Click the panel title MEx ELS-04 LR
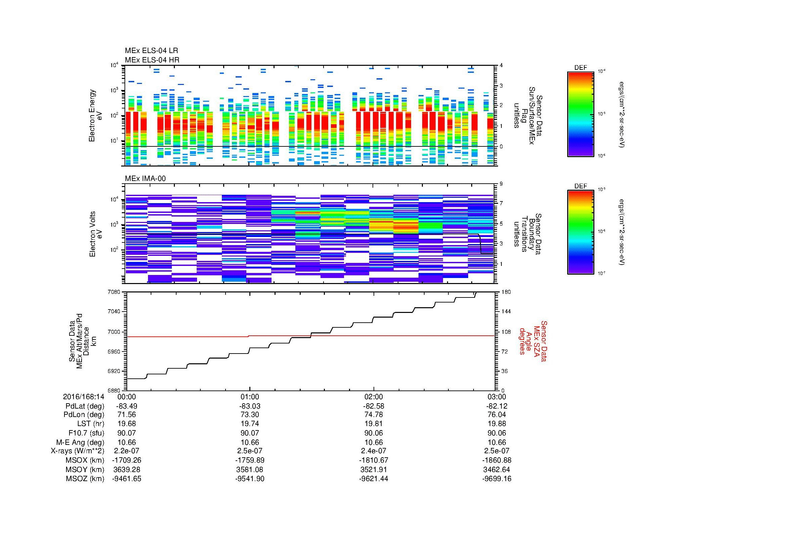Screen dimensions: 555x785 coord(151,51)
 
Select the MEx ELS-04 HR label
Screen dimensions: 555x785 coord(152,60)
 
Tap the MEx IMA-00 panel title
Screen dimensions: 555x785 coord(145,179)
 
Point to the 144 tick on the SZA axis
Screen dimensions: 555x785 coord(506,312)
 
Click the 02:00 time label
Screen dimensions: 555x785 coord(374,397)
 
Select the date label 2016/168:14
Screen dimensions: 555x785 coord(84,397)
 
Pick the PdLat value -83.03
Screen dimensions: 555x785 coord(250,406)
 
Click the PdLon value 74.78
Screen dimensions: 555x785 coord(374,415)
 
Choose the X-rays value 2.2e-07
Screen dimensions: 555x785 coord(127,451)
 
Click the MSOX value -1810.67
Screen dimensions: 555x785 coord(374,460)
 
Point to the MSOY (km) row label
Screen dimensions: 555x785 coord(85,469)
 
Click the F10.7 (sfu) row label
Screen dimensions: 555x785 coord(86,433)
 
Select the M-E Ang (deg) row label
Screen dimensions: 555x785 coord(80,442)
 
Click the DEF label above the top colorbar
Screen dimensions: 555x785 coord(580,68)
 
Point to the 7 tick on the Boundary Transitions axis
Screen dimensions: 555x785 coord(501,203)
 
